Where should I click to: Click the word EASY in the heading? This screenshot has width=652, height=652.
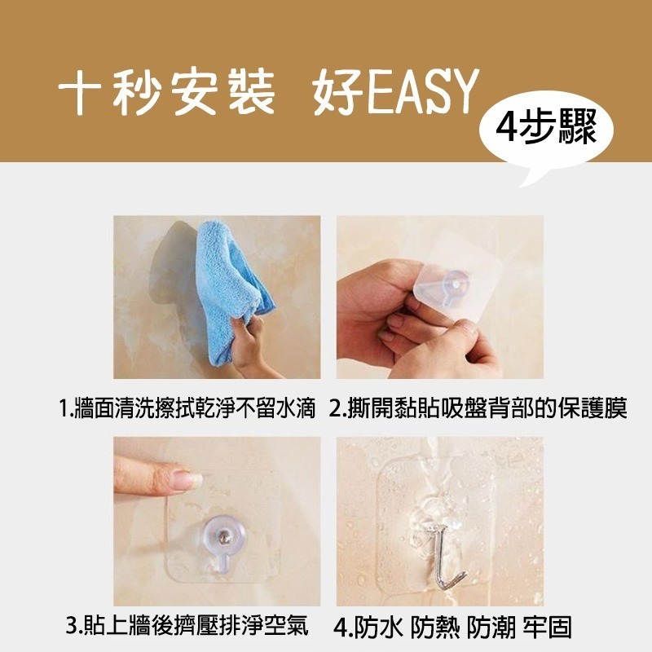tap(423, 91)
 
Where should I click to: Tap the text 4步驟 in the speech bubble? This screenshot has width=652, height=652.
tap(546, 128)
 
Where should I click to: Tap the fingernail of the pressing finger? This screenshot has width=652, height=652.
tap(187, 480)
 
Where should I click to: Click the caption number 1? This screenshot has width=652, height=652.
tap(64, 408)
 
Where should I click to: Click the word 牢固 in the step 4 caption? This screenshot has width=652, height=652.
tap(547, 628)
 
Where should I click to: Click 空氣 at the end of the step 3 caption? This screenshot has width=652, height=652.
tap(287, 626)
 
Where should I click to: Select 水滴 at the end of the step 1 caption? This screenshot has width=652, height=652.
tap(293, 407)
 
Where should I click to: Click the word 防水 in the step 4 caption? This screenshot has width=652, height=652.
tap(379, 628)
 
